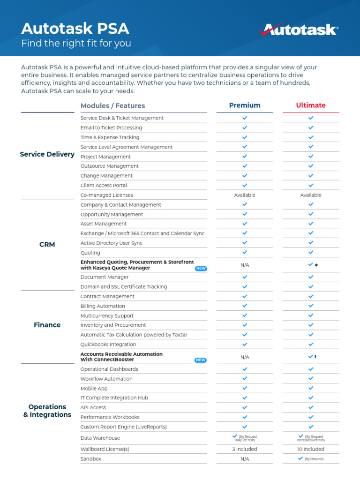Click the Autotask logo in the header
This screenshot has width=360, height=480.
pos(299,30)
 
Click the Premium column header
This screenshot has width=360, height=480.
pos(245,105)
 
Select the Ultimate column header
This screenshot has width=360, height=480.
pos(311,105)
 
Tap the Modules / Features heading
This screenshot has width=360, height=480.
pos(112,106)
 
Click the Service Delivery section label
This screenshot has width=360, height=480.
pos(47,154)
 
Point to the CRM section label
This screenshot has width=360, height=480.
pos(47,245)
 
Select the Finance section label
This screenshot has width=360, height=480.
pos(47,325)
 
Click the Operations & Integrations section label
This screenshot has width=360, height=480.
pos(47,411)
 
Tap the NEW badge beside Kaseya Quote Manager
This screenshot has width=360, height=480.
pos(201,269)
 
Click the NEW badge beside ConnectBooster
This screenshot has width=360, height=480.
pos(201,360)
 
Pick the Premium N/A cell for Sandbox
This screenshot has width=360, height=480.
pos(245,459)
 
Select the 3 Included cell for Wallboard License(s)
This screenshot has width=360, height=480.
pos(245,449)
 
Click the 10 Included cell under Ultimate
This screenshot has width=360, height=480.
pos(311,449)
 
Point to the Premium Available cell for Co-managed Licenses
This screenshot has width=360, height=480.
pos(245,195)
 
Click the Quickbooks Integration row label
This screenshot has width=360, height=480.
pos(108,345)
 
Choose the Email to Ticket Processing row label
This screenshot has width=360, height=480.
pos(111,127)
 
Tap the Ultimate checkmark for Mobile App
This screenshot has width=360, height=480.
pos(311,388)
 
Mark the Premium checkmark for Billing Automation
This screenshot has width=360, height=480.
pos(245,306)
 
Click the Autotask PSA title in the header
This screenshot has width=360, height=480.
pos(75,29)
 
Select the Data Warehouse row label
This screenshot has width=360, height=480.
pos(100,438)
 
